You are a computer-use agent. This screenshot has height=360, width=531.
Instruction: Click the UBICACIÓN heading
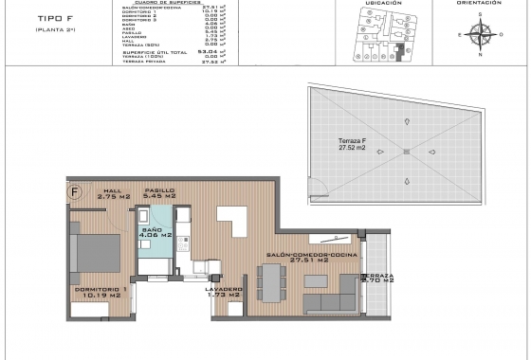(379, 3)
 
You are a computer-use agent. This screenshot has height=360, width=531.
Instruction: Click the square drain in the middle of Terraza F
(405, 152)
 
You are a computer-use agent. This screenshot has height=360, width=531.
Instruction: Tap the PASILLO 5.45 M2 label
(160, 193)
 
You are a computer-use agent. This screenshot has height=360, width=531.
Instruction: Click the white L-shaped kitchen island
(232, 224)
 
